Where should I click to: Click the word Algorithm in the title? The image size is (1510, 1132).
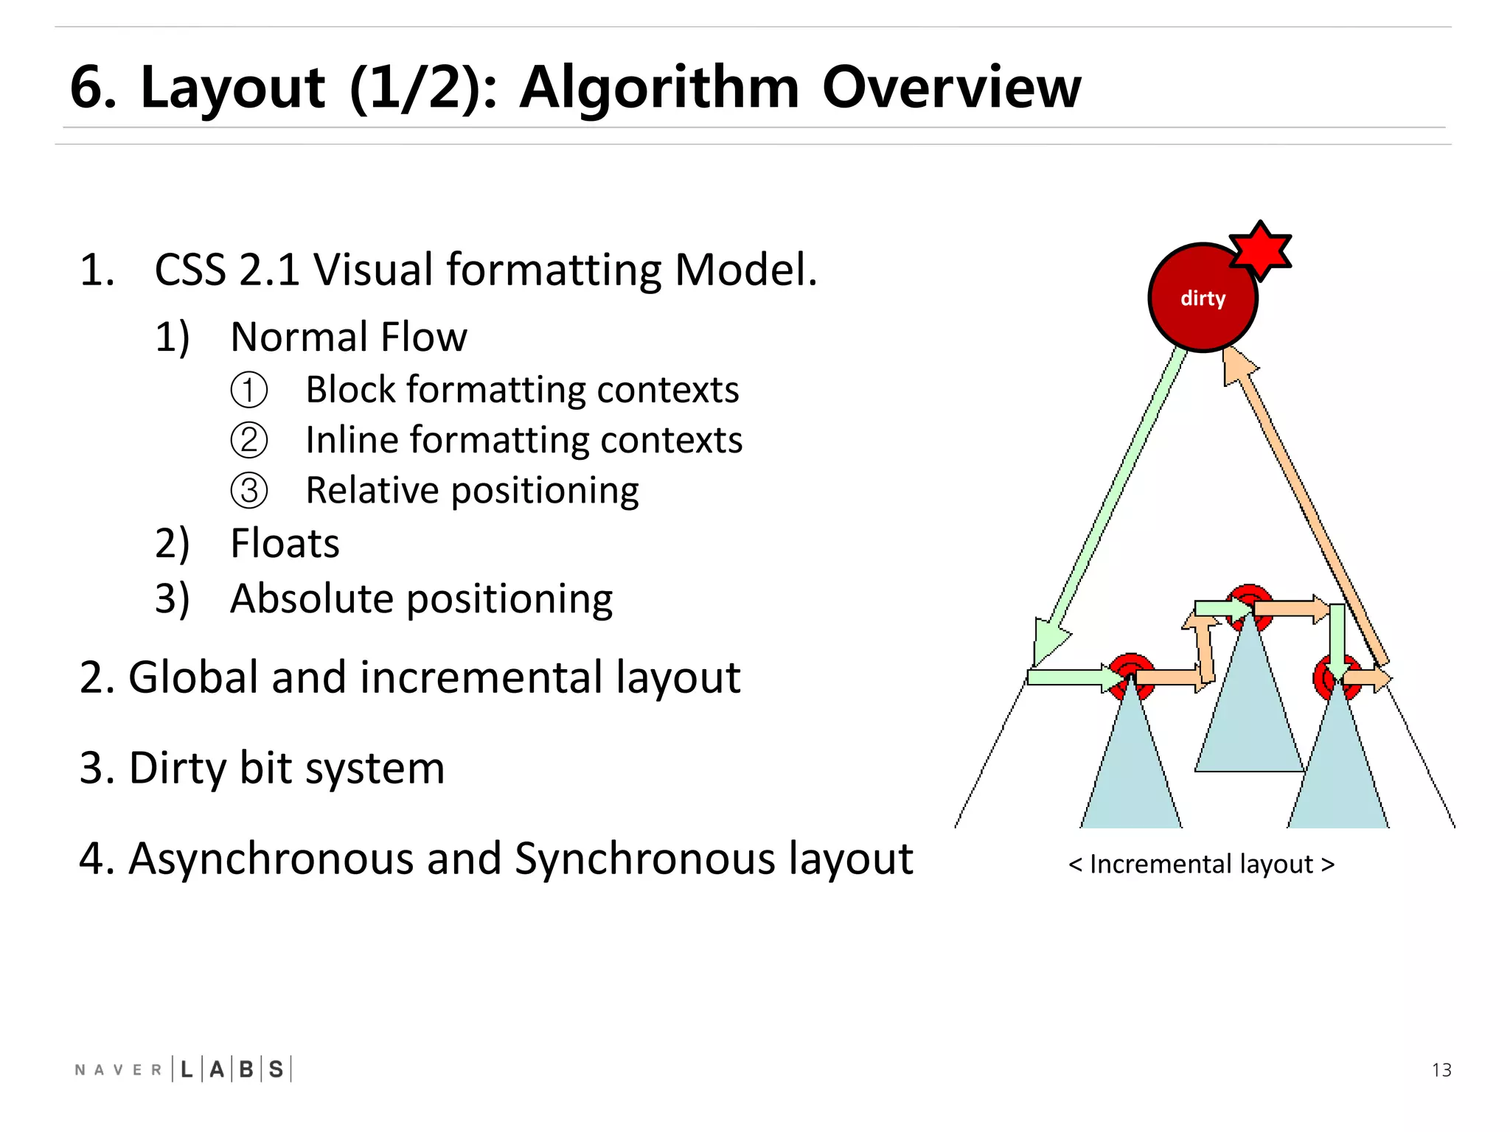click(659, 87)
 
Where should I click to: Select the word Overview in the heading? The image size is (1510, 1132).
click(951, 87)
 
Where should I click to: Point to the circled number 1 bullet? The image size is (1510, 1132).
click(249, 391)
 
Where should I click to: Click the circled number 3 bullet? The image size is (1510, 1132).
click(249, 491)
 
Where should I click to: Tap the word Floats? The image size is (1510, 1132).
click(285, 544)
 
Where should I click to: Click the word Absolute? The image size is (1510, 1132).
click(312, 598)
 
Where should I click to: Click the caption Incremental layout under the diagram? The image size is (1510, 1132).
click(1201, 864)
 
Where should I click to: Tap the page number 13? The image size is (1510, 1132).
click(1441, 1070)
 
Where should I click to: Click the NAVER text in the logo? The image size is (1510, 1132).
click(118, 1070)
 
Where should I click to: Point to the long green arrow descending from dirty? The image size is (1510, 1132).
click(1113, 501)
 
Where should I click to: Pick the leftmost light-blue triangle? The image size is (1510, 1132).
click(1130, 774)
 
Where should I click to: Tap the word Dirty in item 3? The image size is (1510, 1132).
click(178, 768)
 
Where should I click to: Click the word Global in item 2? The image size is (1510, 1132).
click(194, 677)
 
